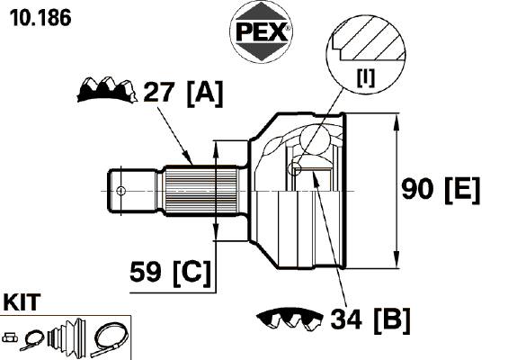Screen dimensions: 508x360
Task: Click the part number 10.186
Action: coord(40,17)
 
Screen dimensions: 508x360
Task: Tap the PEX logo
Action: coord(261,31)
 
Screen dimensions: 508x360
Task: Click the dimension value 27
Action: coord(159,92)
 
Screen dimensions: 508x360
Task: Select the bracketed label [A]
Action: coord(205,94)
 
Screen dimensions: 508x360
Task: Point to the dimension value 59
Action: coord(145,272)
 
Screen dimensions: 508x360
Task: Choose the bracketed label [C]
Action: coord(192,274)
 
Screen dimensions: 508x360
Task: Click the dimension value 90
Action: coord(417,189)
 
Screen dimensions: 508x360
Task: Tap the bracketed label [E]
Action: coord(462,191)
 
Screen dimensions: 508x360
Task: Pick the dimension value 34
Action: coord(346,319)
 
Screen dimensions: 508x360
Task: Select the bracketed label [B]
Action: coord(392,320)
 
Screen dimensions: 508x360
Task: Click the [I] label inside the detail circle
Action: coord(366,77)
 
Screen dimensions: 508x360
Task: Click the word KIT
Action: coord(22,302)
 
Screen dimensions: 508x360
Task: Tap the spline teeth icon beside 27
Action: coord(107,90)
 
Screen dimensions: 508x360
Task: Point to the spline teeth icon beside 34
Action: coord(290,319)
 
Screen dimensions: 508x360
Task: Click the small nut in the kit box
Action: coord(10,337)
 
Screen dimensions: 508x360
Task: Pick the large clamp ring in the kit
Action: coord(110,339)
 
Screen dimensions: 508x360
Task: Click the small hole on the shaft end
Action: coord(120,191)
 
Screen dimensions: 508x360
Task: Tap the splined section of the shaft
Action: coord(201,191)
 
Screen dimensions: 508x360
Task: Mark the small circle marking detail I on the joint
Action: coord(294,168)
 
